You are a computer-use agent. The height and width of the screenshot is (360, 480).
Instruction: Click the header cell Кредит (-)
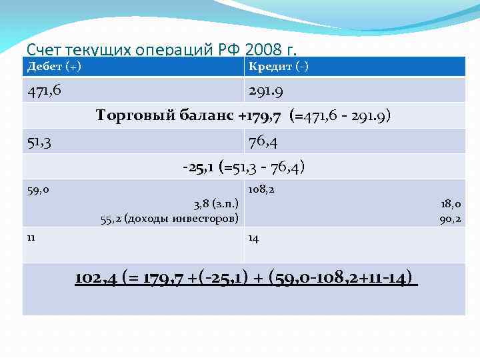tap(278, 66)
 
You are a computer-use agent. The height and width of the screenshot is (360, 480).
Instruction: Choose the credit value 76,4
tap(263, 142)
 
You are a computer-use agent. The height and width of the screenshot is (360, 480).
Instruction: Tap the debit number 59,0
tap(37, 190)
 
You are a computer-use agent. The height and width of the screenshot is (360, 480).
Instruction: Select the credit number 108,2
tap(261, 190)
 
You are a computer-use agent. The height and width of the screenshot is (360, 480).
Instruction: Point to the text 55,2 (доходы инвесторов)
tap(169, 218)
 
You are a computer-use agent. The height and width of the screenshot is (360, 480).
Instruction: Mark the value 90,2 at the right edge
tap(450, 218)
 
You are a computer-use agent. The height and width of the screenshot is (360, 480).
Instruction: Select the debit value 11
tap(31, 236)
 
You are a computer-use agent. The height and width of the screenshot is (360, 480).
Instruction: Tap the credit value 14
tap(253, 238)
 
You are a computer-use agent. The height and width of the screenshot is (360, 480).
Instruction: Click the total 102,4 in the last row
tap(97, 278)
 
